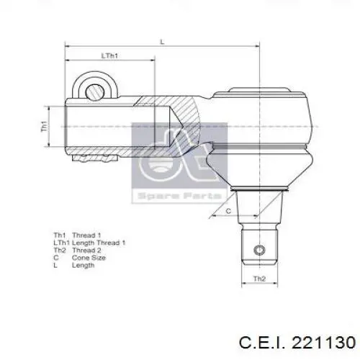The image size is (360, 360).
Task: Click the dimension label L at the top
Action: [163, 42]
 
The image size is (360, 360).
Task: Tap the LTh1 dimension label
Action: [109, 56]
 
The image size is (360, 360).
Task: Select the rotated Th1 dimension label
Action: [45, 127]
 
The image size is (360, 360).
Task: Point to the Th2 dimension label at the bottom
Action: [260, 279]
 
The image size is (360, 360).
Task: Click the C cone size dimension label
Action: [228, 211]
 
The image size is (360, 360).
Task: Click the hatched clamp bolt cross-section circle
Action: [95, 92]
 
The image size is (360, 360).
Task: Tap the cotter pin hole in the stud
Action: [259, 250]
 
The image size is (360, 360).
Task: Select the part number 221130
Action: [323, 342]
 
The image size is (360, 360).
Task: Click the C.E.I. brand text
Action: [261, 342]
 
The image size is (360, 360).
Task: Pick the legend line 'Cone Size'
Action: [89, 258]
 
